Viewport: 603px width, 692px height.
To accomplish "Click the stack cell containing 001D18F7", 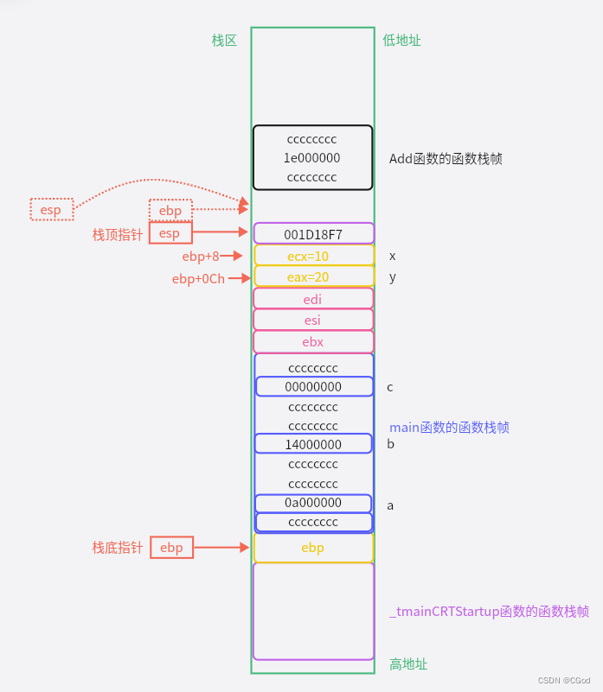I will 313,233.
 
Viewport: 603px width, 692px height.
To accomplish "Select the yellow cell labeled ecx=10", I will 313,256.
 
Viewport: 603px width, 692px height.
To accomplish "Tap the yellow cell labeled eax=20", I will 313,276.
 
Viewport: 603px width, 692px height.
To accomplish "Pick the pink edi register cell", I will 313,298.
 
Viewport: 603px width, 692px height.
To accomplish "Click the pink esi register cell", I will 313,320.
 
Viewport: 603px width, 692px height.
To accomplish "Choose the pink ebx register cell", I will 313,341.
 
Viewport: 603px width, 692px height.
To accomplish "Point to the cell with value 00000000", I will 313,387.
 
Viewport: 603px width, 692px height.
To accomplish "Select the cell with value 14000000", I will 313,444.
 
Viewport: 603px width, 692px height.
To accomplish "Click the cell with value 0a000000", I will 313,503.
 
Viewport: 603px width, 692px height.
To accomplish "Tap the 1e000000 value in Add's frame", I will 312,158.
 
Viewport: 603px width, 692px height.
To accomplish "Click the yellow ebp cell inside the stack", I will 313,548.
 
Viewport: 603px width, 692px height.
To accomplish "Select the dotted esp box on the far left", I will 51,209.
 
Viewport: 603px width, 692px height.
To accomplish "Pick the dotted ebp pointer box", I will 170,210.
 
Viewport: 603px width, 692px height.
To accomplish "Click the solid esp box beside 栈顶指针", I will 170,233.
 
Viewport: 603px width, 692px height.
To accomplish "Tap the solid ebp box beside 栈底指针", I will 171,548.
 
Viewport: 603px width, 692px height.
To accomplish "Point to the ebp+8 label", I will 201,256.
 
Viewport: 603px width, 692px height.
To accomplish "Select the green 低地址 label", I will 401,40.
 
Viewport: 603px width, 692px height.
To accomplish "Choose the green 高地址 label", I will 408,663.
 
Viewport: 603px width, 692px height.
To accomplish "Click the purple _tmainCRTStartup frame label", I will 489,612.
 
